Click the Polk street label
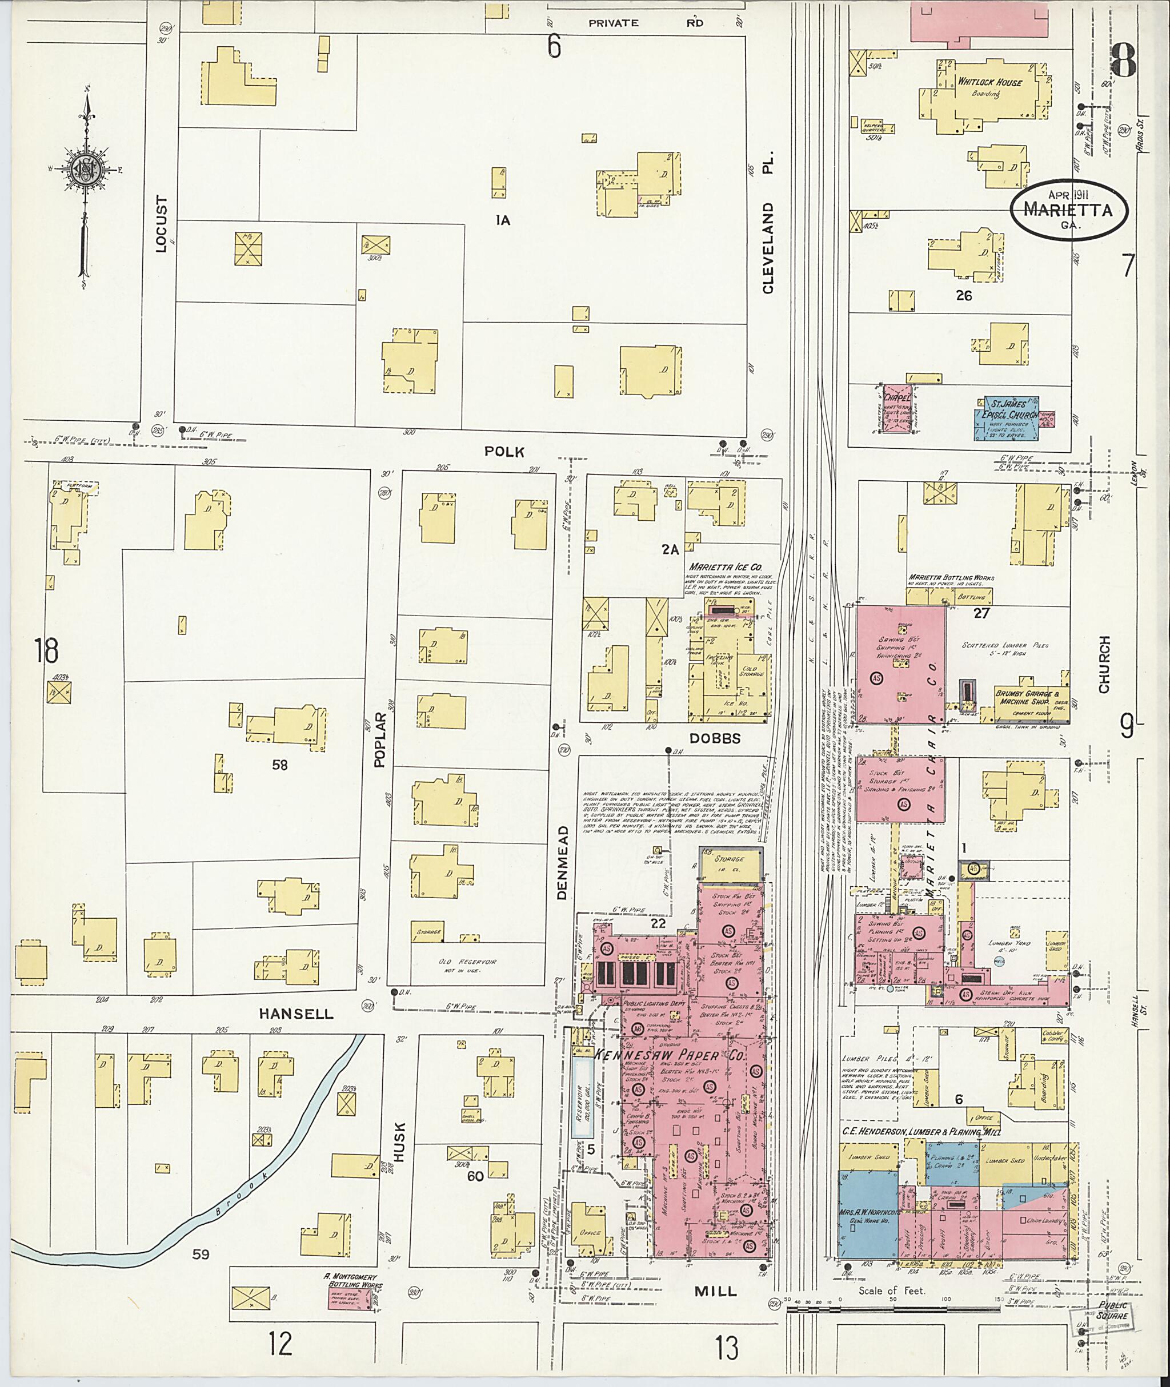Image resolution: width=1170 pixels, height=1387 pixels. coord(504,452)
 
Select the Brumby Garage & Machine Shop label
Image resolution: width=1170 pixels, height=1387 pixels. coord(1025,697)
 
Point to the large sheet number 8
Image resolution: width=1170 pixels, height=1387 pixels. coord(1122,61)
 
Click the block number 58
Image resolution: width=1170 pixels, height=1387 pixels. coord(280,765)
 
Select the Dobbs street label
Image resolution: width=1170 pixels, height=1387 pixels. coord(714,738)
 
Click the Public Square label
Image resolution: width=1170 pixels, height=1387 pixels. coord(1112,1310)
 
